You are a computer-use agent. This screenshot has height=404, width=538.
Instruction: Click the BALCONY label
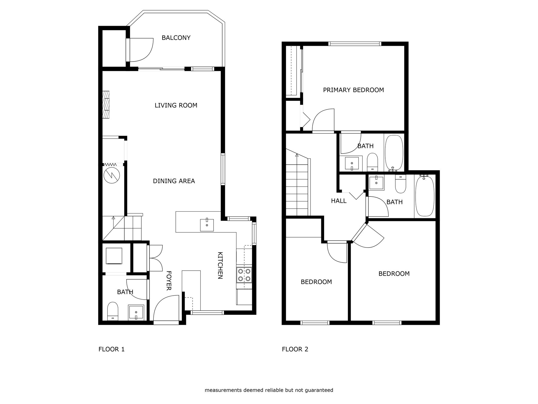(176, 38)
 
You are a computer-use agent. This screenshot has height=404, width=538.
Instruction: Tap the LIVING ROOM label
(176, 105)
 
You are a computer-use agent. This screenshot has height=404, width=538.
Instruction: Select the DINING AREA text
(174, 181)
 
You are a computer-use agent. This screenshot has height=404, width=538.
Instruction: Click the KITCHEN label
(220, 265)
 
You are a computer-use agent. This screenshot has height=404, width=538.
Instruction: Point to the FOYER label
(169, 281)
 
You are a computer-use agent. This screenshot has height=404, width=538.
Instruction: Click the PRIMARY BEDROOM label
(353, 90)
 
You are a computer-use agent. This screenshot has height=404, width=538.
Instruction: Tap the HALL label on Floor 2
(339, 201)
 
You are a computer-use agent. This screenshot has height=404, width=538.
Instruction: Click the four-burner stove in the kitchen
(244, 275)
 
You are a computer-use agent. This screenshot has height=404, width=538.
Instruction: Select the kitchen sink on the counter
(207, 225)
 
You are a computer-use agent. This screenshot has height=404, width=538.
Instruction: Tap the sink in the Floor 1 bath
(136, 312)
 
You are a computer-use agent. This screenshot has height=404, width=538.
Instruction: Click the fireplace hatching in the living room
(106, 105)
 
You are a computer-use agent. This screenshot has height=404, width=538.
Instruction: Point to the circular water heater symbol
(112, 175)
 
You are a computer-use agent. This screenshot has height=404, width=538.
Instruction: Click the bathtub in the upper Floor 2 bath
(394, 153)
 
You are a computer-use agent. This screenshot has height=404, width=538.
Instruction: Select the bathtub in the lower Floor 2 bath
(425, 196)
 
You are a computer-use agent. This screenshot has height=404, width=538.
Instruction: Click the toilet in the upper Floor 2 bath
(372, 162)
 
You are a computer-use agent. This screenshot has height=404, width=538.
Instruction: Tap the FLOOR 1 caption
(111, 349)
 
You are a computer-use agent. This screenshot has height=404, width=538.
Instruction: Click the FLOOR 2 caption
(295, 349)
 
